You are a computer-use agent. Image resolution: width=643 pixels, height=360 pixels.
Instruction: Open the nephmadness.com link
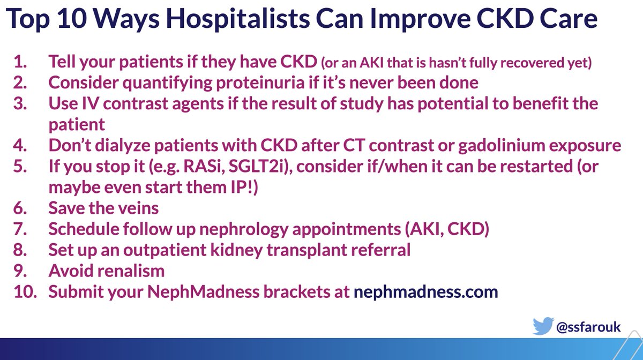(x=426, y=292)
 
